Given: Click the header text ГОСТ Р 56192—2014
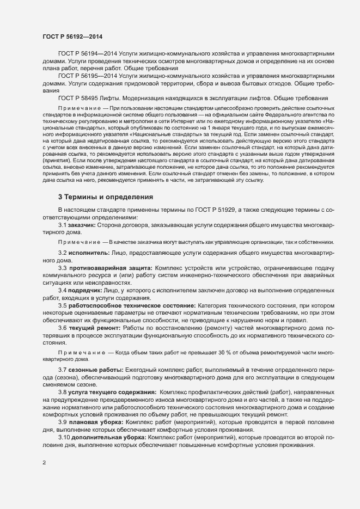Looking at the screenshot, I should (73, 36).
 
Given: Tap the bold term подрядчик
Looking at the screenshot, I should (84, 291).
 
